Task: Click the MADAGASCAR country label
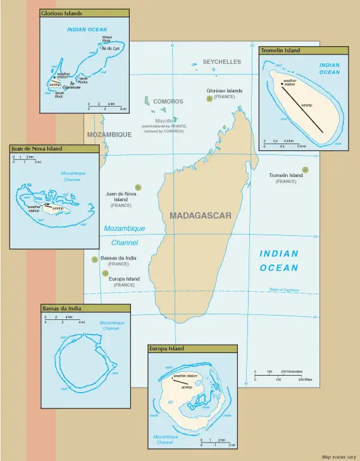(x=201, y=216)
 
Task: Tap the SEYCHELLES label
(x=221, y=62)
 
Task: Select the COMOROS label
(x=168, y=101)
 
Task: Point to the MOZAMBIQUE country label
(x=109, y=135)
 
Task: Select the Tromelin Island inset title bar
(x=303, y=51)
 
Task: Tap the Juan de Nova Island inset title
(x=54, y=149)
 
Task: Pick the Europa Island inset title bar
(x=192, y=348)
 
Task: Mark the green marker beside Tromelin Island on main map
(x=305, y=169)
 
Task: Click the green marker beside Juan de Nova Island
(x=138, y=187)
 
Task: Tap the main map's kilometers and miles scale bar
(x=283, y=376)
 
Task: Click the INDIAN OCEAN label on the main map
(x=278, y=261)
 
